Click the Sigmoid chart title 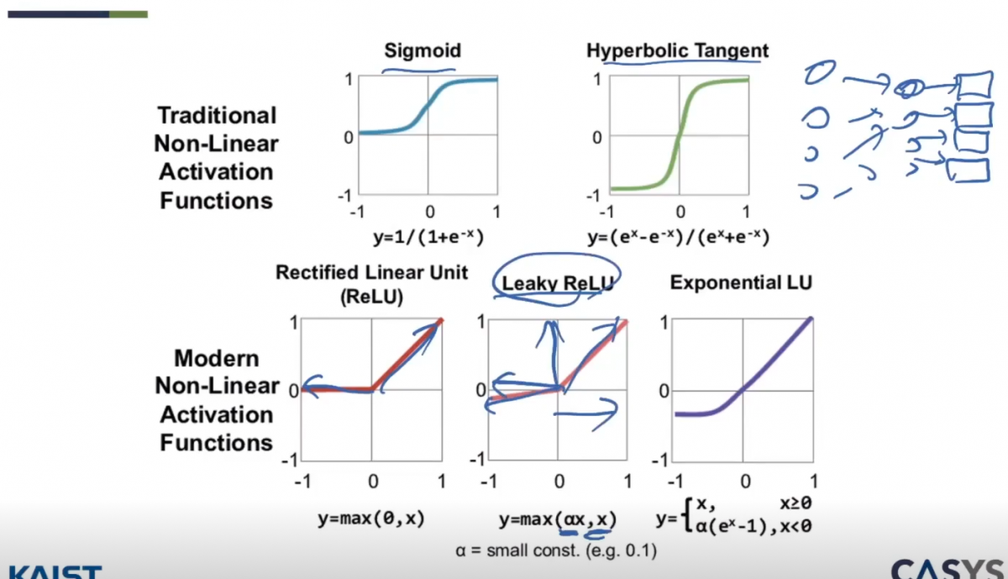pyautogui.click(x=423, y=50)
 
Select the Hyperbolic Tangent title pyautogui.click(x=677, y=50)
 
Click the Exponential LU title pyautogui.click(x=741, y=283)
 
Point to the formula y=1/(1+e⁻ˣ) pyautogui.click(x=428, y=237)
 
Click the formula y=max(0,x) pyautogui.click(x=370, y=518)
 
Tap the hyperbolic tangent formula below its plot pyautogui.click(x=678, y=237)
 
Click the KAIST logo pyautogui.click(x=50, y=571)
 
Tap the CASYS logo pyautogui.click(x=949, y=569)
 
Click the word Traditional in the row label pyautogui.click(x=217, y=115)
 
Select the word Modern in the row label pyautogui.click(x=217, y=358)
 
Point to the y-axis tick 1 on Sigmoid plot pyautogui.click(x=346, y=79)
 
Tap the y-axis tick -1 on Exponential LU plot pyautogui.click(x=663, y=460)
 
